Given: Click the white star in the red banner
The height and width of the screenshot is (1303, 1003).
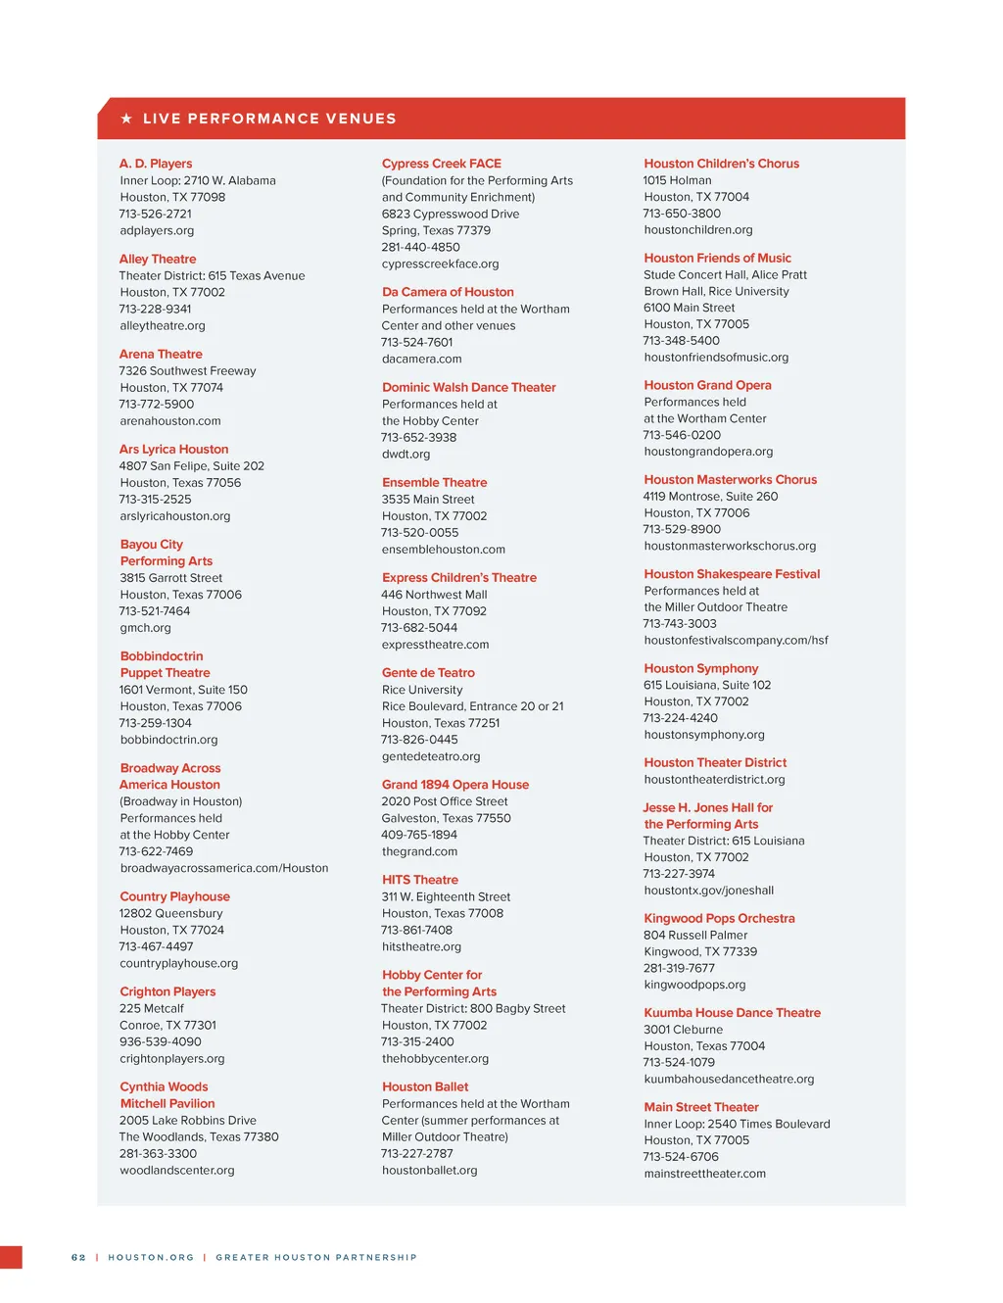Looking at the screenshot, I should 126,119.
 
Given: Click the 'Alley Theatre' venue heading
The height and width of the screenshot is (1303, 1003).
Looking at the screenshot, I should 158,259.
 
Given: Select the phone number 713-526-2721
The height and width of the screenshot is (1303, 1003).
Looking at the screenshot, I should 156,214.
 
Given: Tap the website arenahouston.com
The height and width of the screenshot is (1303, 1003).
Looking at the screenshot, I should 170,421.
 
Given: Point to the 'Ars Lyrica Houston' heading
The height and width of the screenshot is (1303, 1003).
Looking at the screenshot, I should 174,449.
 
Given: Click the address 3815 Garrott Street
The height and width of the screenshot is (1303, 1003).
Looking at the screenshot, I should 171,578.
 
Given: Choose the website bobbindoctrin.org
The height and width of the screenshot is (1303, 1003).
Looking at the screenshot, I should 169,740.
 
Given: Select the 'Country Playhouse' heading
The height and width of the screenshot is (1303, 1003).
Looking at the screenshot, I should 175,896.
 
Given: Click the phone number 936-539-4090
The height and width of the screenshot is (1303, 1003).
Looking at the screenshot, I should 161,1041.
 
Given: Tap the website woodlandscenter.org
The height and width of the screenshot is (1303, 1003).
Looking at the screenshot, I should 177,1170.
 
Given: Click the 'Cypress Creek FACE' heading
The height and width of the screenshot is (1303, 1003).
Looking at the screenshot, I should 442,164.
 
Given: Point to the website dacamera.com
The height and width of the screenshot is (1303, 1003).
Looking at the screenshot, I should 422,359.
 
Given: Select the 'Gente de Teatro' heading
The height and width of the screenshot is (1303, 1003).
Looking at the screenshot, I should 429,673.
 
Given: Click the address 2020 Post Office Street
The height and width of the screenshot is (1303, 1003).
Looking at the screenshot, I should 445,801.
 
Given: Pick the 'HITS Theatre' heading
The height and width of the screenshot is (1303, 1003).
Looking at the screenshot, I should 420,880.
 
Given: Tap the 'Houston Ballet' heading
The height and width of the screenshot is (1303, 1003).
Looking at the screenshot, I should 425,1086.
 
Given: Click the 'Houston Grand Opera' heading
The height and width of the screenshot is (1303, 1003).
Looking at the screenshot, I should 708,385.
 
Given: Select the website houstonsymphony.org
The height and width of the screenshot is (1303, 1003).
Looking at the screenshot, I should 704,735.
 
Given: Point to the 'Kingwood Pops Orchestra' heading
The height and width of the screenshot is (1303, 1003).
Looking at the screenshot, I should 720,918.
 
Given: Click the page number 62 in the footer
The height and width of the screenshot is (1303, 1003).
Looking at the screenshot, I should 78,1257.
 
